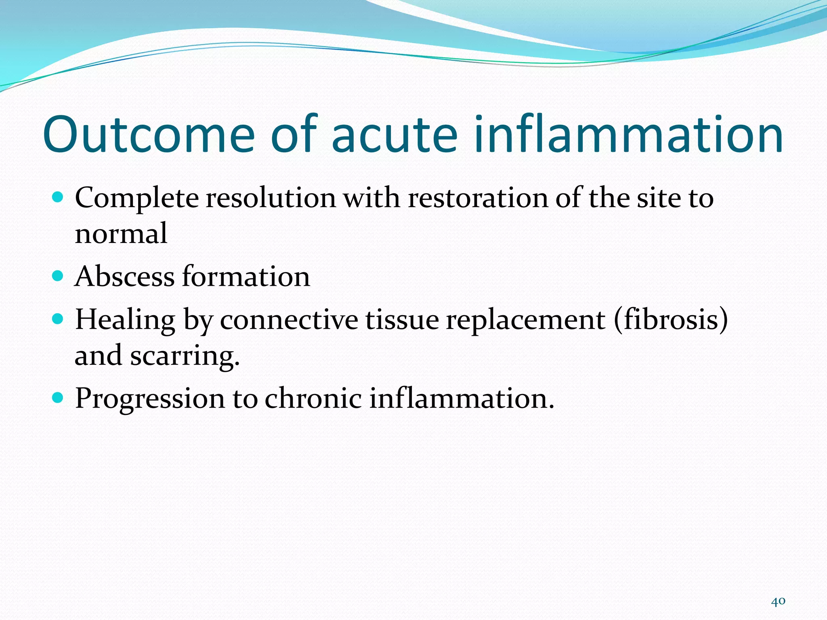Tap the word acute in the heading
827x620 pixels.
coord(395,134)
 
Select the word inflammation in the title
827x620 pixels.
coord(628,134)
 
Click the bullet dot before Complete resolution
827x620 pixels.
coord(58,197)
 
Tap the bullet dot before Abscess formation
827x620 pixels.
coord(58,276)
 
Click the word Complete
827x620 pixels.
coord(137,199)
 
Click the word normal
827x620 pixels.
coord(121,234)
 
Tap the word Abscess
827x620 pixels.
coord(124,277)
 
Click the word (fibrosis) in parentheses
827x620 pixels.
coord(671,320)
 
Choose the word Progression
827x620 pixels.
coord(150,399)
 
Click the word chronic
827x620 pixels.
coord(313,399)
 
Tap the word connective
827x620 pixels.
coord(289,320)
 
